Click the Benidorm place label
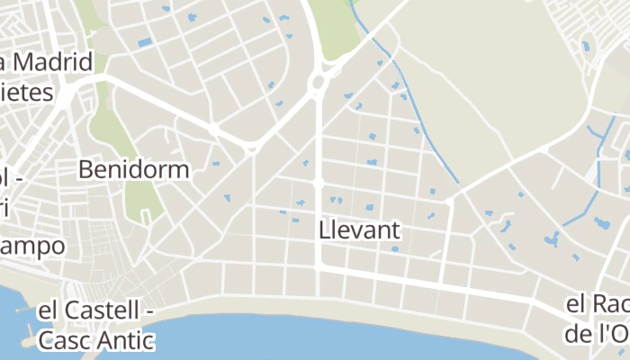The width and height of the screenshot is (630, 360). (x=134, y=169)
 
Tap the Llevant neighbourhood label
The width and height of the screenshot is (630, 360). (x=360, y=230)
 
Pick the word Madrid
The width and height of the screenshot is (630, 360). (x=53, y=63)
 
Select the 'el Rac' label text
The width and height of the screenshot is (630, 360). (x=597, y=306)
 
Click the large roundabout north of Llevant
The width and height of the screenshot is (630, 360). (x=318, y=85)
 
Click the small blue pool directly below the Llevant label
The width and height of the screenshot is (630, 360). (x=394, y=248)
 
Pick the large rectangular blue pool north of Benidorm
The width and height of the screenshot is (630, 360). (x=145, y=42)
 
